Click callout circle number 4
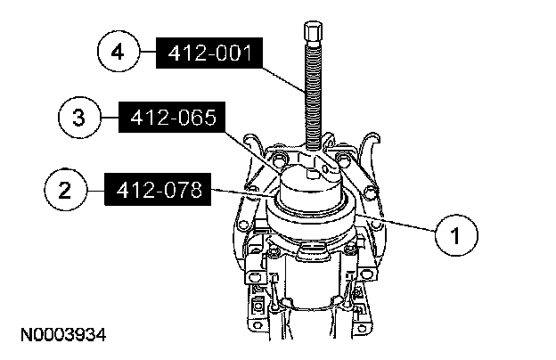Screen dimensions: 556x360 (119, 53)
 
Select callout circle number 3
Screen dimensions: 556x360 (79, 117)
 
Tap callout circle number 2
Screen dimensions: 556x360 (65, 190)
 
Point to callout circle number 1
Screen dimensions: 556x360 (456, 234)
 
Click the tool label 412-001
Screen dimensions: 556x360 (209, 53)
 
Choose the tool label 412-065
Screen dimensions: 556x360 (172, 117)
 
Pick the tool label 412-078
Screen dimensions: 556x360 (158, 190)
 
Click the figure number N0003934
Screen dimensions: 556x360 (63, 335)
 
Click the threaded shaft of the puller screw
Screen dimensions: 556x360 (313, 95)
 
